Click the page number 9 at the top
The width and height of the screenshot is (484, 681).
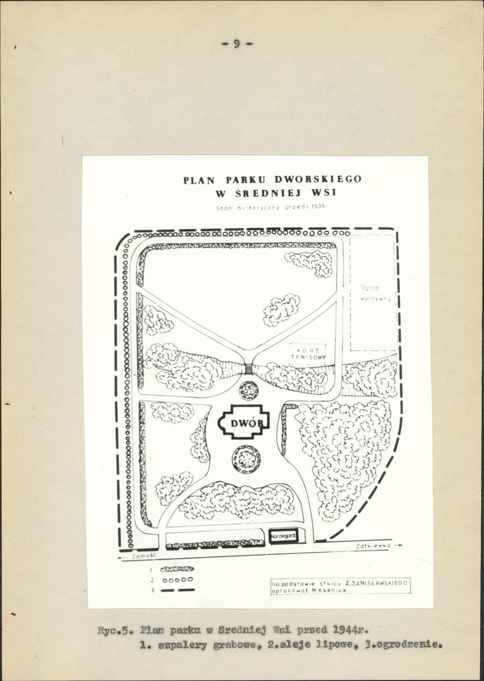(237, 44)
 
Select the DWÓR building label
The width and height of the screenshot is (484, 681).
(242, 423)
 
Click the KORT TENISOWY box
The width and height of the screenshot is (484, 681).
(308, 353)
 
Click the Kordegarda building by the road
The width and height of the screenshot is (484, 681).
(283, 536)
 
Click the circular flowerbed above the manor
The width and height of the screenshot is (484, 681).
(249, 390)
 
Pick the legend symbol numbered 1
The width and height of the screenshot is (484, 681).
(177, 569)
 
